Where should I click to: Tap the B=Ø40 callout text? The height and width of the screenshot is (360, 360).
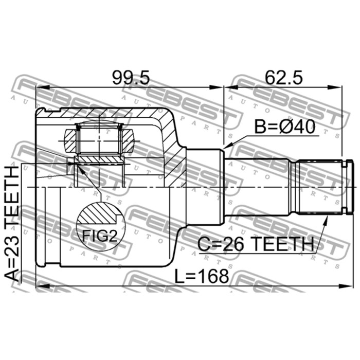click(285, 127)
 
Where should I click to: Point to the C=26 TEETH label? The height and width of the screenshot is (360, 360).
click(256, 244)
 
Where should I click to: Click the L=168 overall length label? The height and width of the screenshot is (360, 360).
click(202, 276)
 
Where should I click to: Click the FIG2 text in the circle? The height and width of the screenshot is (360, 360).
click(100, 236)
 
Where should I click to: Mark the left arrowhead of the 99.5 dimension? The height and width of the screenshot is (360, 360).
click(43, 87)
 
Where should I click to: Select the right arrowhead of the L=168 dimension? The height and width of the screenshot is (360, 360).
click(346, 286)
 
